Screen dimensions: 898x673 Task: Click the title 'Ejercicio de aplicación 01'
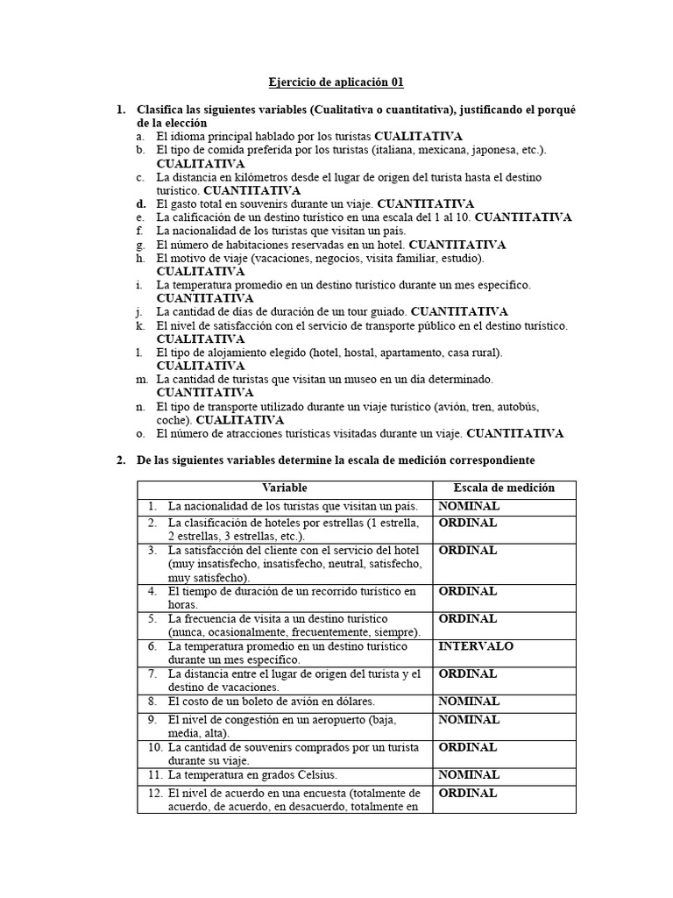click(x=336, y=82)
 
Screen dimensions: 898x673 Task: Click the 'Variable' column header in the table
click(x=284, y=488)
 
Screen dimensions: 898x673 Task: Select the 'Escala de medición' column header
click(x=504, y=488)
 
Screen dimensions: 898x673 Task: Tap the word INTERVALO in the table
click(x=476, y=646)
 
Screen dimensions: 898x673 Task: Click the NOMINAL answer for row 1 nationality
click(x=469, y=506)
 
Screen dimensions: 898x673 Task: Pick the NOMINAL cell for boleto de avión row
click(x=469, y=702)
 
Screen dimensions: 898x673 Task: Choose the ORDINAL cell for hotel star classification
click(x=467, y=523)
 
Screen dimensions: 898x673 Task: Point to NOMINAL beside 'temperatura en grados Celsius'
click(x=469, y=775)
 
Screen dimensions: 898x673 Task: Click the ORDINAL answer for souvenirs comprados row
click(x=467, y=747)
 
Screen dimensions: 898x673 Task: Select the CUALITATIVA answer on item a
click(x=419, y=137)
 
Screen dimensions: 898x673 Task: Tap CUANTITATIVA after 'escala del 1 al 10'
click(x=523, y=217)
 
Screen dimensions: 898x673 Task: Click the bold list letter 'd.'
click(x=140, y=203)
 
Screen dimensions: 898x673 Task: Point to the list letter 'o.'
click(x=140, y=433)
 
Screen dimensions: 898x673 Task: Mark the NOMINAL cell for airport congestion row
click(x=469, y=720)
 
